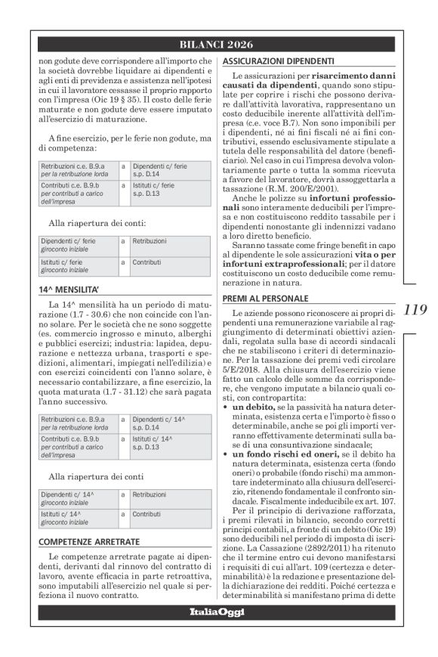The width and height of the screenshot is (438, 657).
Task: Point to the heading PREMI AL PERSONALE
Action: click(262, 299)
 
